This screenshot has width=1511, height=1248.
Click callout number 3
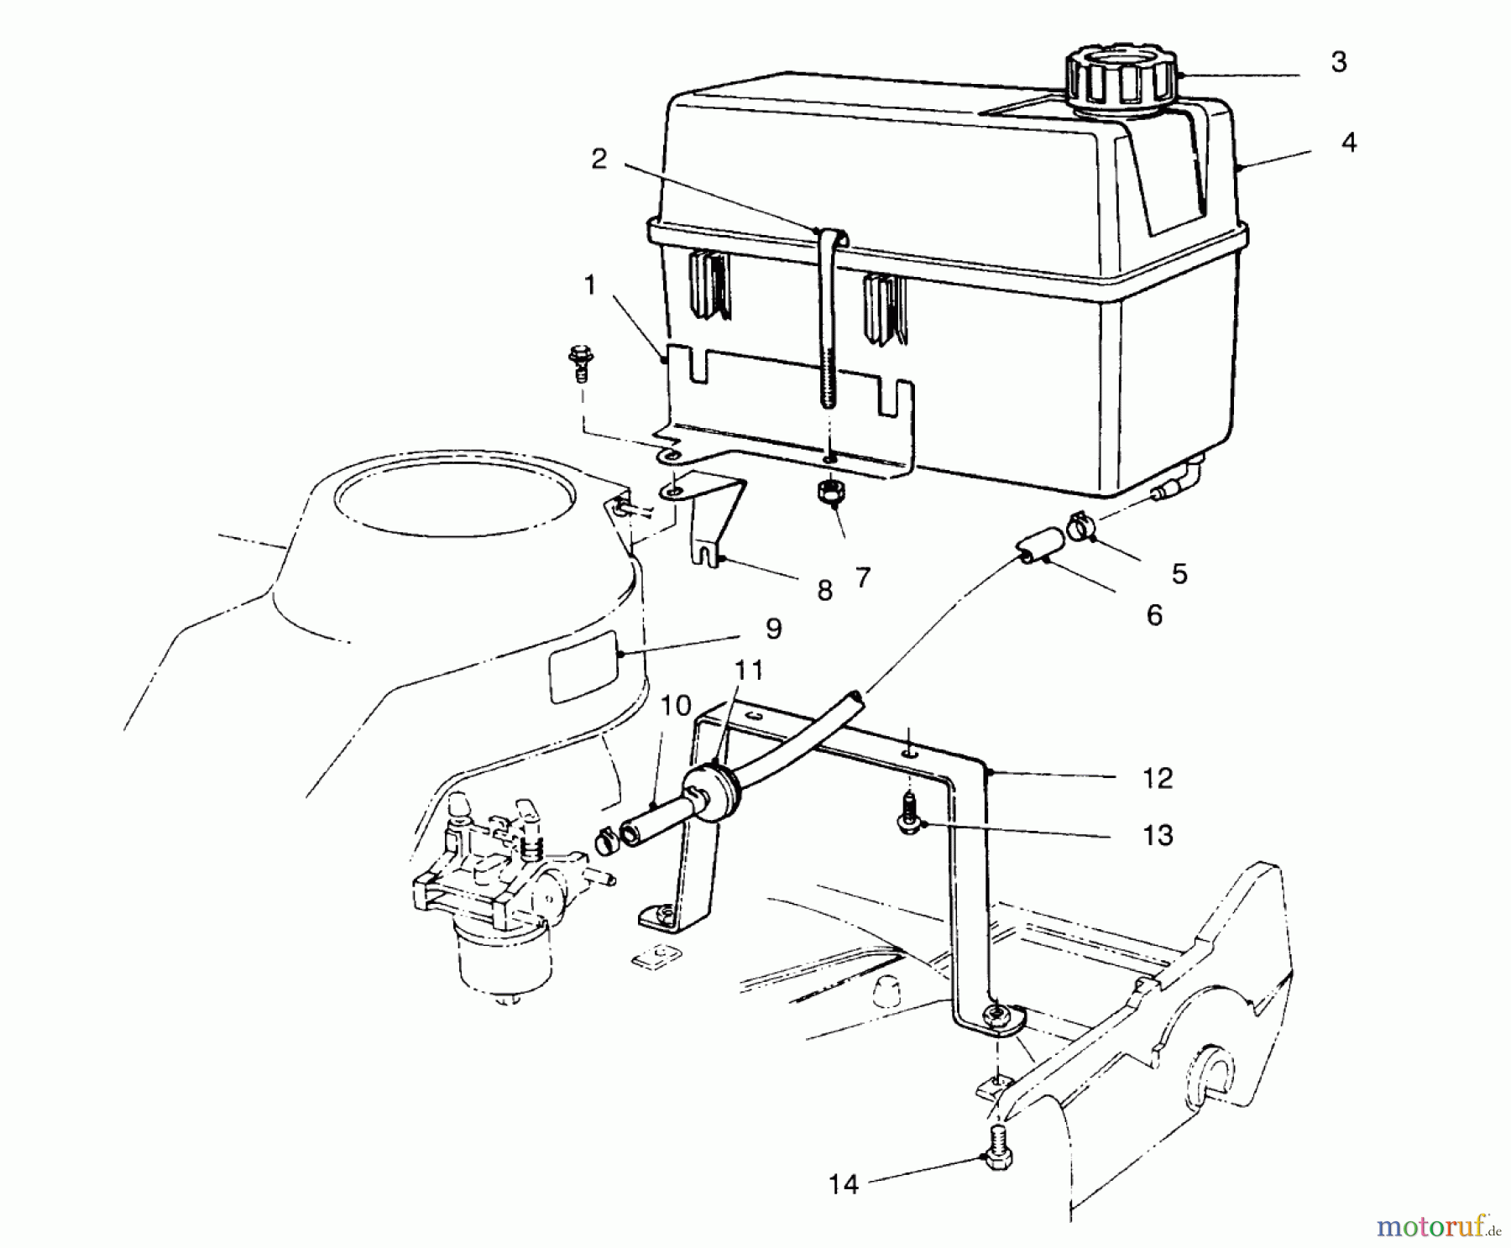click(x=1339, y=62)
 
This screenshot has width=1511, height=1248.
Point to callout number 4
click(x=1348, y=143)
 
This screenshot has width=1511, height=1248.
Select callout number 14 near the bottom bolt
click(x=844, y=1184)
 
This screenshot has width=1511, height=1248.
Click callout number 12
click(x=1157, y=779)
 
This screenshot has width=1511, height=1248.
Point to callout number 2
click(x=599, y=159)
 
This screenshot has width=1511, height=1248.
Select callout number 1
click(x=590, y=286)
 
